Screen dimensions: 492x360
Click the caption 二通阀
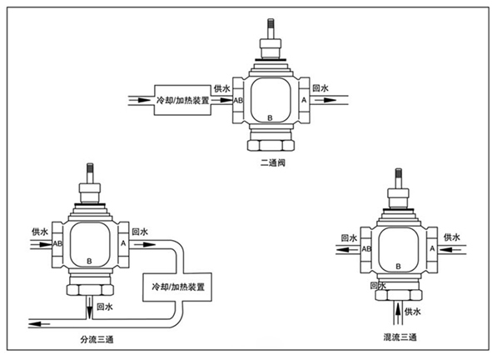pos(273,162)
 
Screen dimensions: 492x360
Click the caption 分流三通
pos(97,339)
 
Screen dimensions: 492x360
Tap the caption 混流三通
pos(400,337)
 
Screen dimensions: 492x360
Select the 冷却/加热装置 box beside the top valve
pos(182,100)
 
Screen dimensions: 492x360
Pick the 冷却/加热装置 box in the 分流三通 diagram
pos(177,287)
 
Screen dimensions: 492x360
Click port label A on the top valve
pos(304,100)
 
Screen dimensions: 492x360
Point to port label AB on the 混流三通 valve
pos(366,249)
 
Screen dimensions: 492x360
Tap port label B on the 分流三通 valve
pos(89,261)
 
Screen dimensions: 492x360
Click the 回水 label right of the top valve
pos(321,88)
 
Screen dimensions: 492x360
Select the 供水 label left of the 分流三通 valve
pos(40,232)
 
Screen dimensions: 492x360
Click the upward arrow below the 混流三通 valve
pos(398,312)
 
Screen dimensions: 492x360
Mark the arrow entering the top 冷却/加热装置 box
pos(140,100)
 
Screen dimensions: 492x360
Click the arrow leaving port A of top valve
pos(326,100)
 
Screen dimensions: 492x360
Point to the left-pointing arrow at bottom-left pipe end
pos(39,324)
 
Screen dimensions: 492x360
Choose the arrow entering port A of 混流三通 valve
pos(451,250)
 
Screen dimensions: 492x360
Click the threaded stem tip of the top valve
pos(271,23)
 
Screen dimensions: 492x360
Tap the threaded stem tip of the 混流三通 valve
pos(398,172)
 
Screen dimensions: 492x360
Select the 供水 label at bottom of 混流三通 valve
pos(413,312)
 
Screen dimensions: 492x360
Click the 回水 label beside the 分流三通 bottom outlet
pos(105,307)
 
